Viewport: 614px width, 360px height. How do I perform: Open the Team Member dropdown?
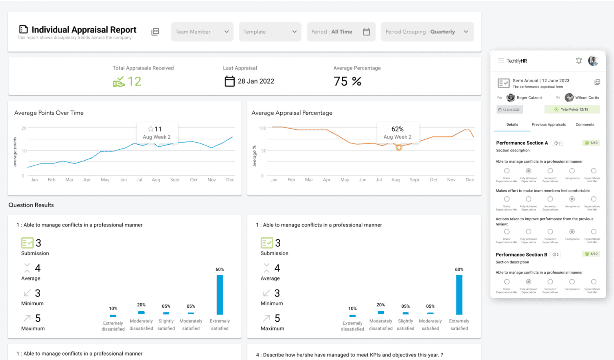point(202,32)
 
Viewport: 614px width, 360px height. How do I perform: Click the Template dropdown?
point(270,32)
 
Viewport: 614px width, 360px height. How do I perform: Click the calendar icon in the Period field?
point(366,32)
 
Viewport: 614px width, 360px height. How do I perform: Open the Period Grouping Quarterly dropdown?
point(427,32)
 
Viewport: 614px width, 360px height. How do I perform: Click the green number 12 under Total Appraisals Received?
point(134,82)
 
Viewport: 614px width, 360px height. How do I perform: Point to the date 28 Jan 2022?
point(256,81)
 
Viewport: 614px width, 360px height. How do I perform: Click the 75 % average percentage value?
point(347,82)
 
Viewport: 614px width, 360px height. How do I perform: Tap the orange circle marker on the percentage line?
point(399,147)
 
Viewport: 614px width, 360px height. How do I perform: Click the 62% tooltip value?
point(397,129)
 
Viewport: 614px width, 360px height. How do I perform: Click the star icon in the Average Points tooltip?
point(151,129)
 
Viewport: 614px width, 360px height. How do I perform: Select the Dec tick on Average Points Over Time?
point(230,180)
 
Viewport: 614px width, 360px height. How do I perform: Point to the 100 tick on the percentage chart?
point(262,128)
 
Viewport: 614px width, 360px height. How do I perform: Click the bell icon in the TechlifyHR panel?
point(578,61)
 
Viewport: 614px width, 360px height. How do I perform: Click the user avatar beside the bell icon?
point(593,61)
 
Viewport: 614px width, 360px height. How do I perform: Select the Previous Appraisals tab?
point(548,125)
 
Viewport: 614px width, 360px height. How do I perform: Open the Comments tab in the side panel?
point(584,125)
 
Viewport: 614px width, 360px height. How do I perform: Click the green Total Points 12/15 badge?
point(572,109)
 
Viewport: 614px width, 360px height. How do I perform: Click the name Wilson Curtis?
point(587,97)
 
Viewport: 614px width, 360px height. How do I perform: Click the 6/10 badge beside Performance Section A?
point(592,143)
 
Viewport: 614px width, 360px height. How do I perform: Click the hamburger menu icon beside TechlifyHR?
point(500,61)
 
